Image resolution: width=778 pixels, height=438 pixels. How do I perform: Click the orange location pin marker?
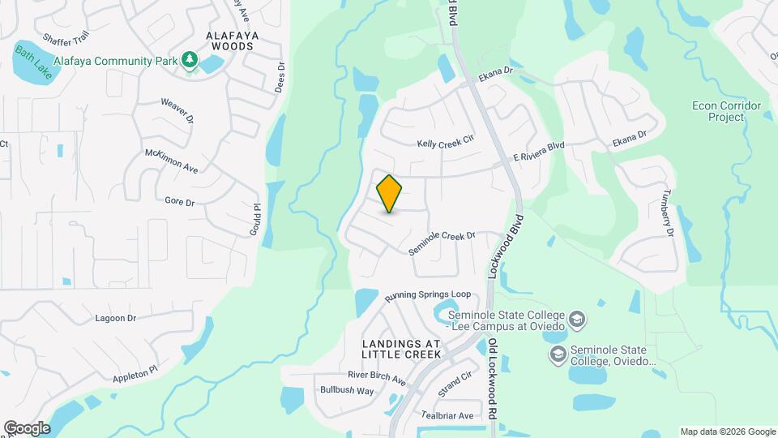[x=390, y=193]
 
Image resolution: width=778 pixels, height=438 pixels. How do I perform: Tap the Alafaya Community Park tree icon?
[x=190, y=58]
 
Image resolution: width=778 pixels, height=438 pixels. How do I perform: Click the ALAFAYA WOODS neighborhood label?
[x=218, y=41]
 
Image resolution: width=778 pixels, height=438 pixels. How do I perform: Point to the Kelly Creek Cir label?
[x=445, y=143]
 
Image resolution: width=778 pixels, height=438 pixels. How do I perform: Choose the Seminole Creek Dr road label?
[x=441, y=243]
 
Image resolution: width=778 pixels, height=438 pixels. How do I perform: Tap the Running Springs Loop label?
[x=427, y=297]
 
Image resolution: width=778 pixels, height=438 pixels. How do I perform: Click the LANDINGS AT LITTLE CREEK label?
[x=401, y=349]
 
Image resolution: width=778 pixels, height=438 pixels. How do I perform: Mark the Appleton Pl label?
[x=135, y=375]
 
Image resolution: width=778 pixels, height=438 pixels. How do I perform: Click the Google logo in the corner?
[x=27, y=427]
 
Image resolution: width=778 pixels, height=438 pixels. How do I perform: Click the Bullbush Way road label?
[x=347, y=391]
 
